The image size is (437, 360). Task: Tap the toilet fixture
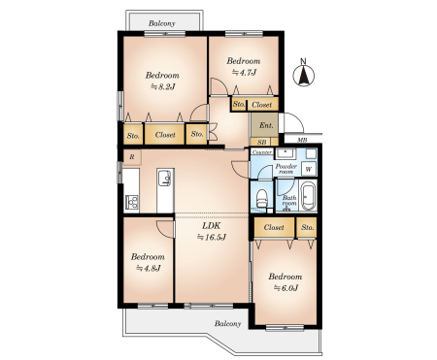coord(261,199)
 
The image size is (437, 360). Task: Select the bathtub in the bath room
coord(308,196)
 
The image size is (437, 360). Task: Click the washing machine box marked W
coord(309,169)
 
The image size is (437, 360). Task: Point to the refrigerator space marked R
coord(132,157)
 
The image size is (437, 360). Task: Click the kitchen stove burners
coord(132,203)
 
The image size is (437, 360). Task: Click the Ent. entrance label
coord(266,125)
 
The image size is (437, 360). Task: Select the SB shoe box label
coord(262,142)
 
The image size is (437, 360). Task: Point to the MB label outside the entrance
coord(302,140)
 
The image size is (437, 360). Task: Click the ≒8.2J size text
coord(162,86)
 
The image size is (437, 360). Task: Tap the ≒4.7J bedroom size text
coord(244,73)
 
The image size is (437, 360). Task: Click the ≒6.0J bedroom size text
coord(286,287)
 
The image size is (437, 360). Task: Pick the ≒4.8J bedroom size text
coord(149,268)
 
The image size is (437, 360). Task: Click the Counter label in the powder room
coord(262,152)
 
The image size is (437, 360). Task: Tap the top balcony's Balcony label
coord(162,23)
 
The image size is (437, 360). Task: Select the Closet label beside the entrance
coord(261,105)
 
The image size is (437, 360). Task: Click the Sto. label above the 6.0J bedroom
coord(307,227)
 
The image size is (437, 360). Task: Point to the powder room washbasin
coord(285,153)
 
